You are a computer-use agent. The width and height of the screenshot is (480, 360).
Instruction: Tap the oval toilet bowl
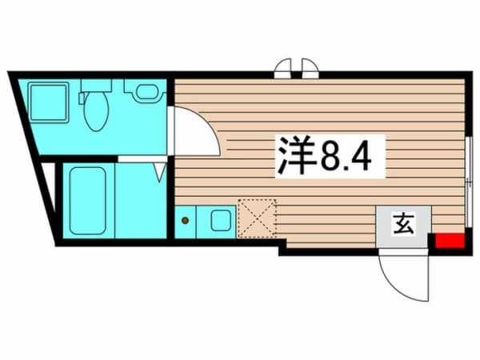[95, 113]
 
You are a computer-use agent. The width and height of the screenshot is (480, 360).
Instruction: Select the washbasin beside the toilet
[145, 91]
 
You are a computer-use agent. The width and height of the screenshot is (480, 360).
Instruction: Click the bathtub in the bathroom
[86, 200]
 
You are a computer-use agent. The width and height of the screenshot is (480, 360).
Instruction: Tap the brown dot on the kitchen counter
[186, 218]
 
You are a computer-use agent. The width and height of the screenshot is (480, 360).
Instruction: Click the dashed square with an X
[256, 218]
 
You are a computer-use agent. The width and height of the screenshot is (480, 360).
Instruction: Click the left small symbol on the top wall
[283, 69]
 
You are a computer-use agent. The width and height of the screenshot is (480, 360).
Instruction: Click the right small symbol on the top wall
[310, 69]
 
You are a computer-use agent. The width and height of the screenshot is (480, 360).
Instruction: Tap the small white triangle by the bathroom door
[161, 170]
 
